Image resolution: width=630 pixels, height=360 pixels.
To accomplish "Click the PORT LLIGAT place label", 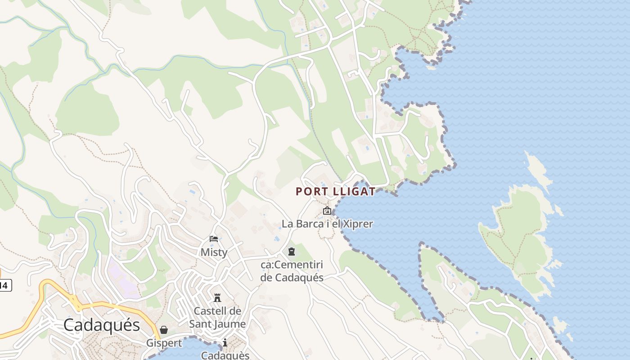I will [335, 191].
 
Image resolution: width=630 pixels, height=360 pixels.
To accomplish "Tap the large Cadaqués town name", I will [102, 324].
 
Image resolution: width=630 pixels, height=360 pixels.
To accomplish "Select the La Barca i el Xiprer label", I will [327, 223].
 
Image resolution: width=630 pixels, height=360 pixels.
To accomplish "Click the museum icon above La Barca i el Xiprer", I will [327, 211].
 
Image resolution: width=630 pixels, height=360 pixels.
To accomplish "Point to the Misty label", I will [214, 252].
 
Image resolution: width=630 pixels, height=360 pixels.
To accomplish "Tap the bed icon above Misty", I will [214, 239].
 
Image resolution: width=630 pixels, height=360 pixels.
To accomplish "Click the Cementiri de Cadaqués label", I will [292, 271].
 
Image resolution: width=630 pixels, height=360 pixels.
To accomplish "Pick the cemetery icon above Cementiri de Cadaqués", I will [292, 251].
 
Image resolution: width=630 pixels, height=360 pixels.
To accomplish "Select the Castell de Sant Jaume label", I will [217, 317].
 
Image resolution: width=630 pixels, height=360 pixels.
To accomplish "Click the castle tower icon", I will [217, 297].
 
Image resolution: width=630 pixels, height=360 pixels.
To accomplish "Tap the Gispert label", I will [164, 343].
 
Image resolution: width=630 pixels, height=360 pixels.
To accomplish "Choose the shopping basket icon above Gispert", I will [164, 330].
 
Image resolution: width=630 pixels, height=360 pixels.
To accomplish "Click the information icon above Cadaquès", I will [225, 343].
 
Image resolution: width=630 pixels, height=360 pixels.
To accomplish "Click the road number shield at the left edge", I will [4, 285].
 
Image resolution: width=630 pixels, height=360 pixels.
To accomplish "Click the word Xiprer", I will [356, 223].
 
